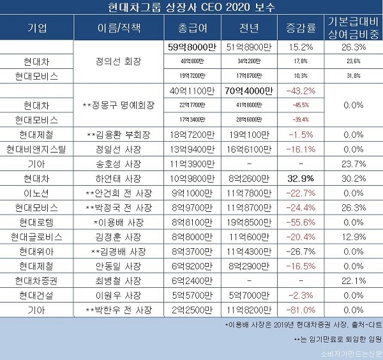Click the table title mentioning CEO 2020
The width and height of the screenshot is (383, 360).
191,8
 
